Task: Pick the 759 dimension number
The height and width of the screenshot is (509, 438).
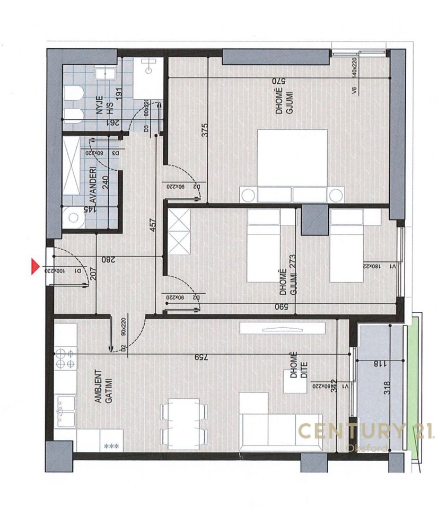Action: [200, 357]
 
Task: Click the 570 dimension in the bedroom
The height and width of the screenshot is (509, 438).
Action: [279, 81]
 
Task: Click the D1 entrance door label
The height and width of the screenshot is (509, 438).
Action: [78, 271]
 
